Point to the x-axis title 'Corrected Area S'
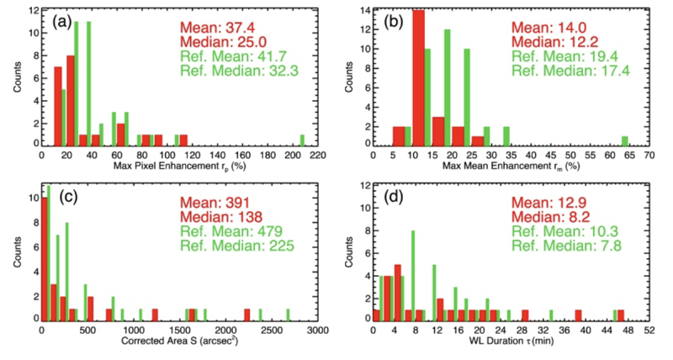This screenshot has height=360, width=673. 171,341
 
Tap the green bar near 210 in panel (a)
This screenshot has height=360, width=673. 302,140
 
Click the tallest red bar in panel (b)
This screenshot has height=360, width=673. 418,78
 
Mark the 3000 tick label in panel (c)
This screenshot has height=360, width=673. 318,331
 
